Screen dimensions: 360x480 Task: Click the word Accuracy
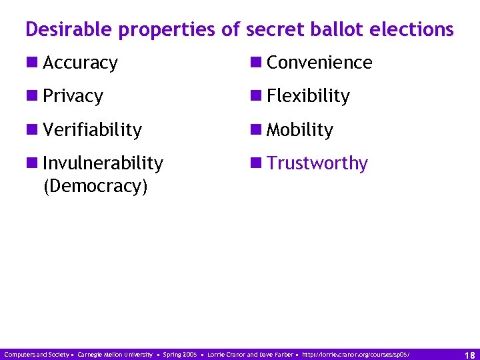coord(80,63)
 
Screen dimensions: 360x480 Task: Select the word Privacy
coord(73,97)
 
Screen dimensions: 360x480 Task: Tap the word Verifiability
coord(92,130)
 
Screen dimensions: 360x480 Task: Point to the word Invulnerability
coord(103,163)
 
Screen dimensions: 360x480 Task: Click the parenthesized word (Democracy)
coord(95,186)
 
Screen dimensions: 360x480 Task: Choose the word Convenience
coord(319,63)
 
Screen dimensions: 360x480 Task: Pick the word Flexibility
coord(308,97)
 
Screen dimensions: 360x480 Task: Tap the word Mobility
coord(299,130)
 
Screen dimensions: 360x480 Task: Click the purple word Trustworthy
coord(317,163)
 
